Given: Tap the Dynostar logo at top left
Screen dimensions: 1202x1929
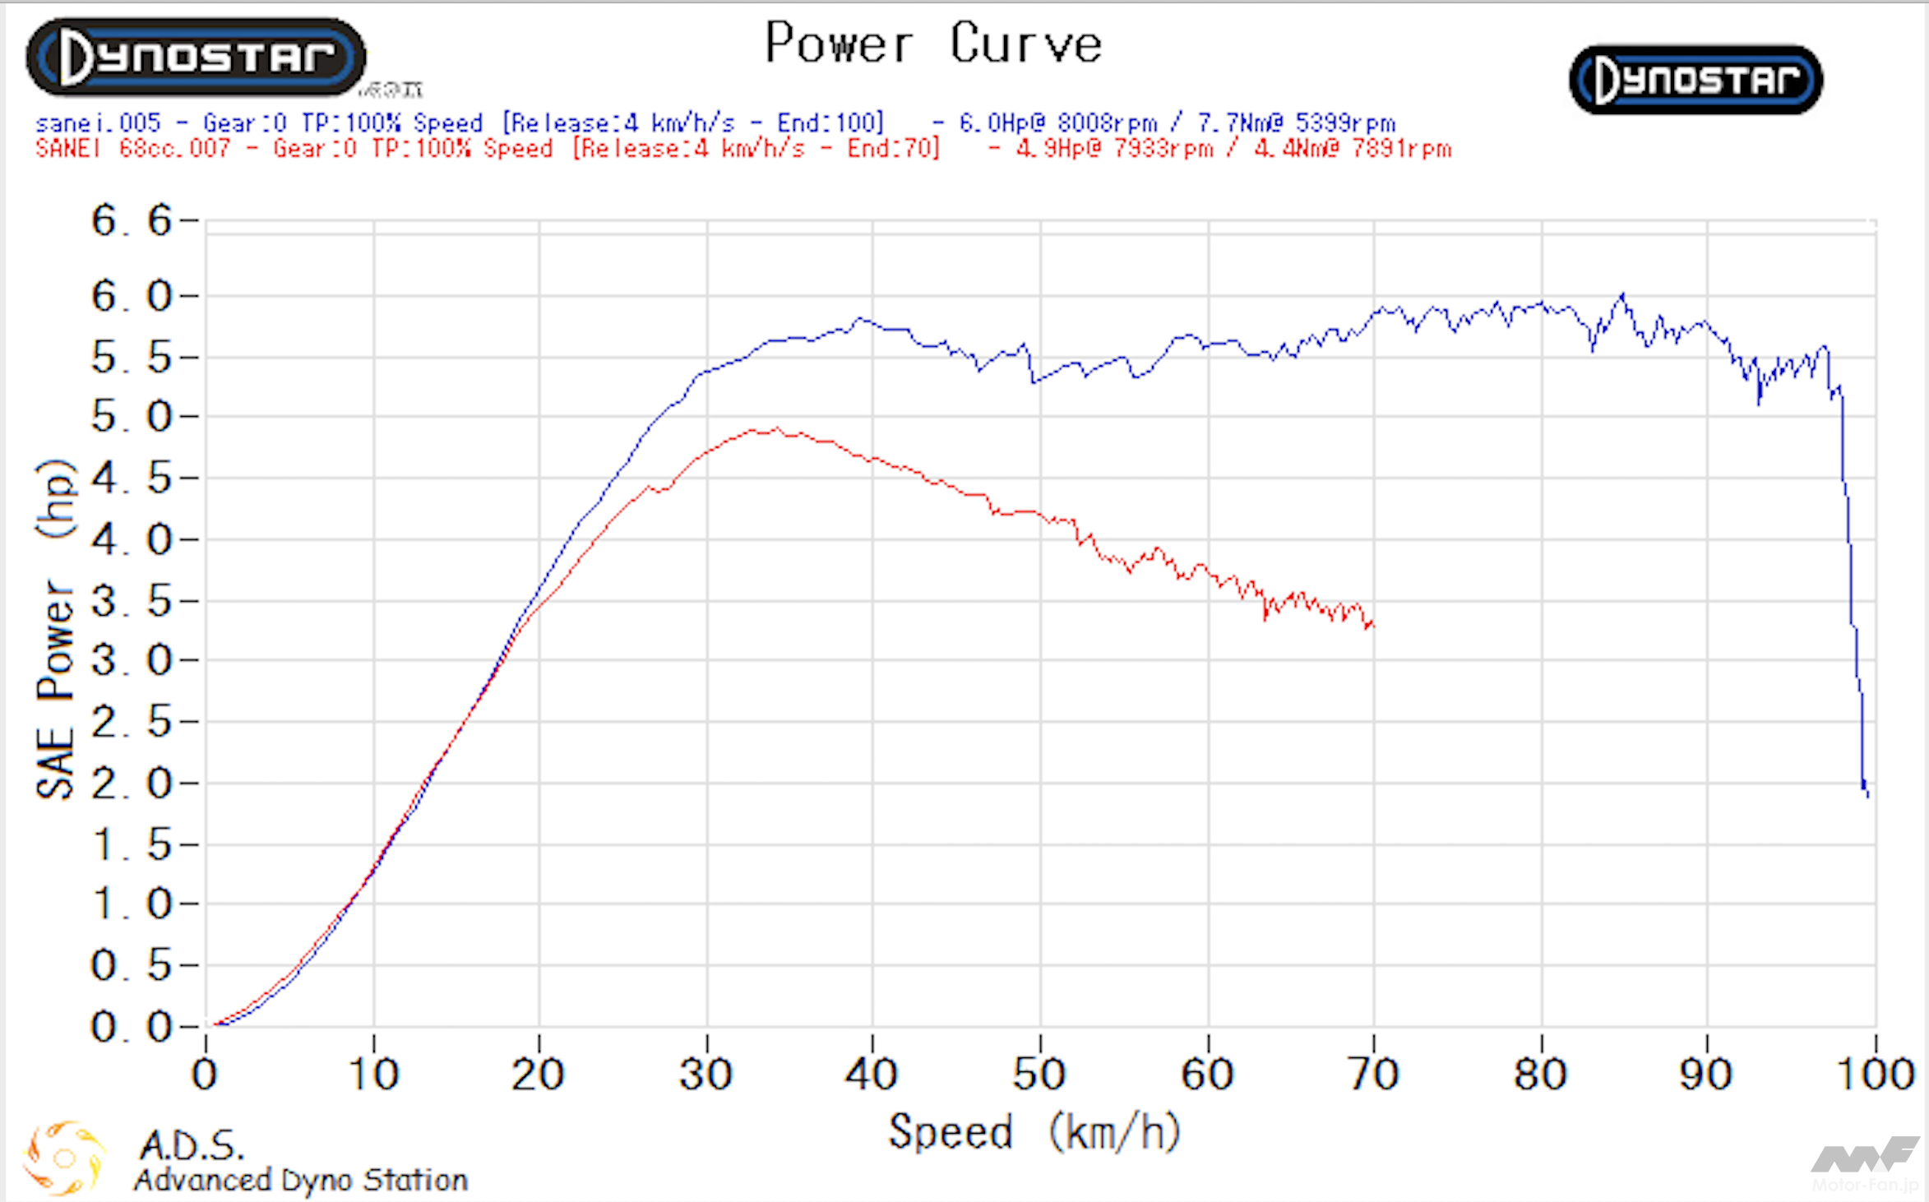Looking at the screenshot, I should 196,57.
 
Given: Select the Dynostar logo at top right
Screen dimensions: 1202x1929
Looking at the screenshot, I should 1695,80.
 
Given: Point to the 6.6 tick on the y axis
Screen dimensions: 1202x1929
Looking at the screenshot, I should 132,220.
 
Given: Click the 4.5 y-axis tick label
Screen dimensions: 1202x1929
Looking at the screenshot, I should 132,478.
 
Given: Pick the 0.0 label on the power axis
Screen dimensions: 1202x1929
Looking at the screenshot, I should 132,1027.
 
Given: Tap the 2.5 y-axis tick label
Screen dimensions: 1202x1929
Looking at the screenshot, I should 132,722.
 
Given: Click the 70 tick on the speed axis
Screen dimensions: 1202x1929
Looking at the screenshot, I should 1373,1074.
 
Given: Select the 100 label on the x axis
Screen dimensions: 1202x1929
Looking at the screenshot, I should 1876,1074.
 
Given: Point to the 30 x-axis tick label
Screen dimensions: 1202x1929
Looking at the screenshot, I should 705,1074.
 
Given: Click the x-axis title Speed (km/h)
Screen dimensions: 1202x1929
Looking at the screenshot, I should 1034,1132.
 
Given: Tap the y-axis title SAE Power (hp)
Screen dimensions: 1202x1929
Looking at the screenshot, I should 56,629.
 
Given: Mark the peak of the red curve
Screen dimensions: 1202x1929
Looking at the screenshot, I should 776,428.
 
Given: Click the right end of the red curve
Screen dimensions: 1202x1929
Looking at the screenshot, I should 1372,626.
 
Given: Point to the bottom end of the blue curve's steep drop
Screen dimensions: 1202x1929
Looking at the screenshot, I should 1867,794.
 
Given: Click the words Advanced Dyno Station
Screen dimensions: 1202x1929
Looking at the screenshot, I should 301,1181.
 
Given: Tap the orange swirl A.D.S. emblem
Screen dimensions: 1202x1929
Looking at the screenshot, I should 64,1158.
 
